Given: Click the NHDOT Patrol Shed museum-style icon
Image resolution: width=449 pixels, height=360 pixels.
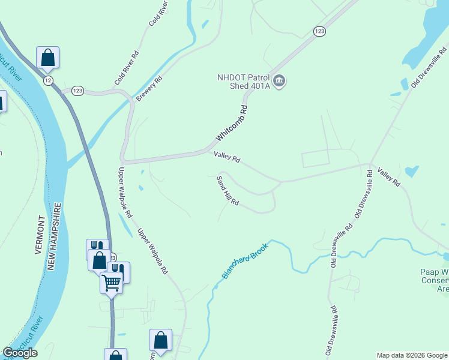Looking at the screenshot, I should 279,80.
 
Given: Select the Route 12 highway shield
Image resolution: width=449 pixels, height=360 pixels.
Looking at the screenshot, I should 48,79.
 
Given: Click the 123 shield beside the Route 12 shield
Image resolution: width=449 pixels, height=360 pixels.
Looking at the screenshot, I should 77,91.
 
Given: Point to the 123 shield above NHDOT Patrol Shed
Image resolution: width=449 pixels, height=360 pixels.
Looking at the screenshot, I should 319,31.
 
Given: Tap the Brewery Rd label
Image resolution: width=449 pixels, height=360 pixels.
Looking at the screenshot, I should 149,88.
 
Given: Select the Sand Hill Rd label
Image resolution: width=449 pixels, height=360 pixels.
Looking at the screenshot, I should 228,191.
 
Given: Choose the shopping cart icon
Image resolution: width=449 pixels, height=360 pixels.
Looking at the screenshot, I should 111,282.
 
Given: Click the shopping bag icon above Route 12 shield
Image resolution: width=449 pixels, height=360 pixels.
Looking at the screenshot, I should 47,58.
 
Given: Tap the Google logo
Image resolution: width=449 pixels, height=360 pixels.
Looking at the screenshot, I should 20,353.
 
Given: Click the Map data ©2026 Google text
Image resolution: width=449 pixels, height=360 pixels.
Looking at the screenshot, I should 412,355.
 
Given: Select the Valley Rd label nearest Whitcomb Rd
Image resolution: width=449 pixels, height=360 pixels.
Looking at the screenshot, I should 227,158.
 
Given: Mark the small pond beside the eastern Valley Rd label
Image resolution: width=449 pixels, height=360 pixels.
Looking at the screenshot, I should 411,172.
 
